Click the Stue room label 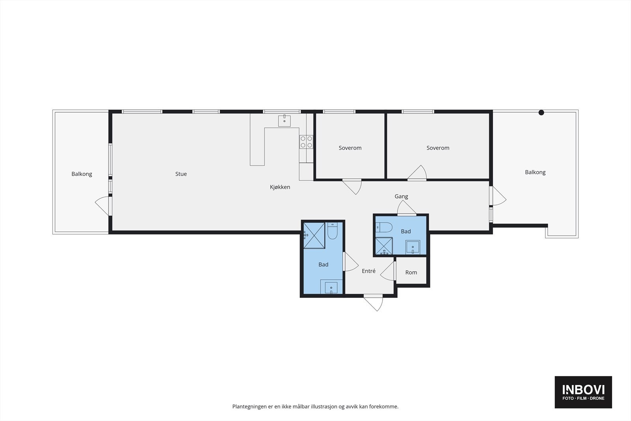tap(181, 174)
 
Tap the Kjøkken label tap(280, 187)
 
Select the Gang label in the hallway tap(401, 196)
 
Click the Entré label tap(369, 271)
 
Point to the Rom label tap(411, 273)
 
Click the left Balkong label tap(82, 174)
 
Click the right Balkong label tap(535, 172)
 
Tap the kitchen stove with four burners tap(306, 142)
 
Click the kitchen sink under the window tap(284, 121)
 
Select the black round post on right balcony tap(541, 112)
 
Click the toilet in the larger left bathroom tap(332, 232)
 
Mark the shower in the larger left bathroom tap(314, 236)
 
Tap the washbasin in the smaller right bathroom tap(413, 247)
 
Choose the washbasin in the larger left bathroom tap(331, 288)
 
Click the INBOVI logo tap(583, 392)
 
